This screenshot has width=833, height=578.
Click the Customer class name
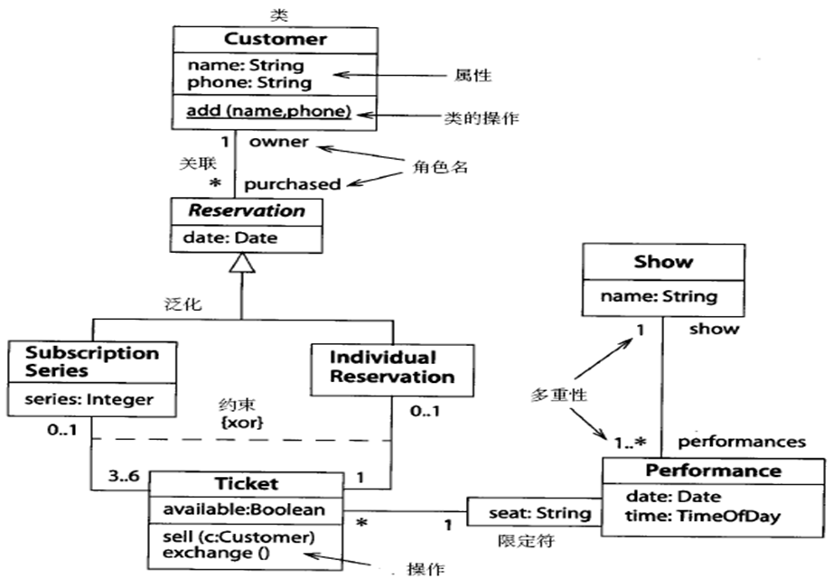(x=275, y=39)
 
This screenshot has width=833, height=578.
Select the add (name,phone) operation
(x=268, y=112)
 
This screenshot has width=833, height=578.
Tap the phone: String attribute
(x=249, y=82)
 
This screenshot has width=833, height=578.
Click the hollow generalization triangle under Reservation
(x=241, y=264)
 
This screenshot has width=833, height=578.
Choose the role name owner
(x=278, y=142)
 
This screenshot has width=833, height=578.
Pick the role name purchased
(x=292, y=183)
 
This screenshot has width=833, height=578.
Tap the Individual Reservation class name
(x=391, y=367)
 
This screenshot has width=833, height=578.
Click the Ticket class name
(x=246, y=483)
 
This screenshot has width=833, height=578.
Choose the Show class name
(x=663, y=262)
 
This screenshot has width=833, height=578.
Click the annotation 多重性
(x=558, y=396)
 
